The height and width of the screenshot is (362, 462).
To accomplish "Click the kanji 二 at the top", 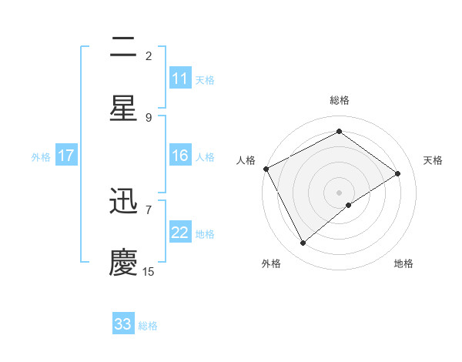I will tap(123, 49).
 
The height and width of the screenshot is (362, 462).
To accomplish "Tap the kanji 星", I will tap(123, 109).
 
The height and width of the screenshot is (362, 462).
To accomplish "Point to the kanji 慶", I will tap(123, 263).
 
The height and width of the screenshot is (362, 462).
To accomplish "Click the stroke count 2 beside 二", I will tap(149, 55).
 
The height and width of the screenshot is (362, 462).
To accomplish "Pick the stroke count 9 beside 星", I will tap(149, 117).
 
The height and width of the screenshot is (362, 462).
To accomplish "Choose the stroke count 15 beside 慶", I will tap(149, 271).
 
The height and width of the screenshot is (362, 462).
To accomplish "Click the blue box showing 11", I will tap(180, 79).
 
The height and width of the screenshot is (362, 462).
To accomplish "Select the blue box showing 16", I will tap(180, 156).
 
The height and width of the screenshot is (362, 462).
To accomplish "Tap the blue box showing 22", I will tap(180, 233).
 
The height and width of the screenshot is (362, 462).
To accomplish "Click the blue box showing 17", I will tap(66, 156).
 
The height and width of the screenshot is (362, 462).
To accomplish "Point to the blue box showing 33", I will tap(123, 324).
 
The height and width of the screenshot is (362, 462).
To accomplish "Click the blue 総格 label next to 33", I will tap(148, 326).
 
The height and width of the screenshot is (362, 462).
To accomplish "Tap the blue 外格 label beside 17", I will tap(41, 157).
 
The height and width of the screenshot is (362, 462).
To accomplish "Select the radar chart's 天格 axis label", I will tap(434, 160).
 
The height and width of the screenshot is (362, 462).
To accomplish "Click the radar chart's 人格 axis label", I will tap(246, 160).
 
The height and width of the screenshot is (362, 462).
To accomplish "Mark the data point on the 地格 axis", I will tap(349, 205).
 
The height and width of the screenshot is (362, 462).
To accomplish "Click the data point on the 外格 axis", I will tap(303, 243).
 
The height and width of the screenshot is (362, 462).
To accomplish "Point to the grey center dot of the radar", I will tap(339, 192).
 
